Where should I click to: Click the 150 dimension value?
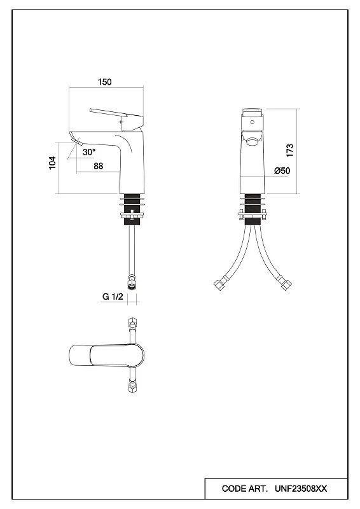point(104,82)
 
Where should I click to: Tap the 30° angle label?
point(89,152)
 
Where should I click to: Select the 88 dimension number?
point(99,166)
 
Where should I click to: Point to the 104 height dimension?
point(52,163)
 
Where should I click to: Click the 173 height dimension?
point(289,151)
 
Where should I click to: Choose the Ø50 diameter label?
point(282,171)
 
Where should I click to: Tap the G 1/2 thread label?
point(113,296)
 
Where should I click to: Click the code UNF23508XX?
point(301,489)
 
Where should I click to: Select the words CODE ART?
point(245,489)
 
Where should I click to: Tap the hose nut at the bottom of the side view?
point(132,282)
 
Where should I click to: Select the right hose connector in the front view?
point(286,284)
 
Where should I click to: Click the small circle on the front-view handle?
point(253,122)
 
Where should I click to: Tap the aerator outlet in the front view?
point(253,141)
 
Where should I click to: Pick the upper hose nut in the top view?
point(132,323)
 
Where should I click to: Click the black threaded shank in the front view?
point(253,210)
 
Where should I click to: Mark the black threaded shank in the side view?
point(132,210)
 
